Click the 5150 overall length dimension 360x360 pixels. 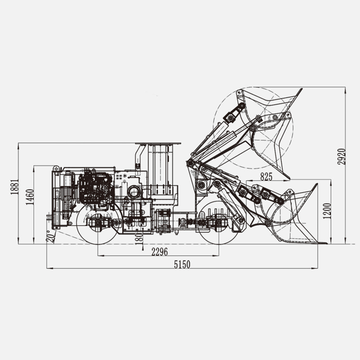[182, 264]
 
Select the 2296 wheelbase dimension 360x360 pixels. [160, 252]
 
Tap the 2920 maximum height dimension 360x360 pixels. [342, 157]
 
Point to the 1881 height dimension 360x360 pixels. [14, 187]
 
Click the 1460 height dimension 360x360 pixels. [30, 197]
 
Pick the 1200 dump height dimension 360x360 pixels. [327, 211]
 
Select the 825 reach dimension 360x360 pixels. [266, 176]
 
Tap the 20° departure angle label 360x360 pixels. [51, 237]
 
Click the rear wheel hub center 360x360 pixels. [98, 222]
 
